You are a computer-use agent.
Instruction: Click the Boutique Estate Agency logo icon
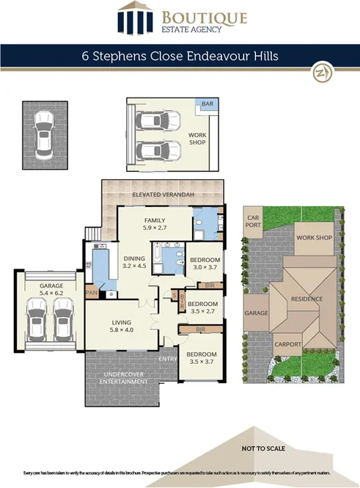tap(133, 19)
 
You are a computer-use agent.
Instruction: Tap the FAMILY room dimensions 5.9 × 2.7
tap(154, 228)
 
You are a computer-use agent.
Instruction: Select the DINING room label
tap(134, 258)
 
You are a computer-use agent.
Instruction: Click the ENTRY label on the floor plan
tap(167, 358)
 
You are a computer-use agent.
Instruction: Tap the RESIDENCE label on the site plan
tap(307, 299)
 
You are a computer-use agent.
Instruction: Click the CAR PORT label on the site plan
tap(254, 222)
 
